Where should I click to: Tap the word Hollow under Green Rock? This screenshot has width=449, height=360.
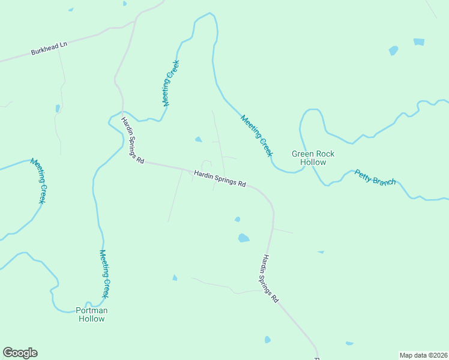click(313, 163)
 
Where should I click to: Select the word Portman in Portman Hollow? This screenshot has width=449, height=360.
click(91, 310)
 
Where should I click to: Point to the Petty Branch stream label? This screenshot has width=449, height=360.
click(375, 178)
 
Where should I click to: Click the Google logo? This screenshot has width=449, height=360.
click(20, 353)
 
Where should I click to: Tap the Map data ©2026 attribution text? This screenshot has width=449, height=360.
click(423, 355)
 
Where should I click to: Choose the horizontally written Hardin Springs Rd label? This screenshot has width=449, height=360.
click(220, 179)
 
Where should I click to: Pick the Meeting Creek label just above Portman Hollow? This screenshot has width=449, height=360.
click(104, 274)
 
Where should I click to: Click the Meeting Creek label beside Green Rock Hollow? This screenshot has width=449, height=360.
click(257, 136)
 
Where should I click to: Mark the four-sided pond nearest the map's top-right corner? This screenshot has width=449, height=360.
click(419, 42)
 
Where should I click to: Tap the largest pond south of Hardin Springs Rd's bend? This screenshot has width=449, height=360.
click(243, 238)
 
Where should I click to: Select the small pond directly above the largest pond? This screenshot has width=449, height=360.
click(238, 219)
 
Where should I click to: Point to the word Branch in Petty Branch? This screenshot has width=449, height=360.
click(384, 180)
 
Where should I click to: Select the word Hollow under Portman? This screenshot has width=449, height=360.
click(91, 319)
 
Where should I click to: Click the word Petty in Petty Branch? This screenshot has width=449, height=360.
click(363, 175)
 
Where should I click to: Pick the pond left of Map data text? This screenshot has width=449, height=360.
click(349, 343)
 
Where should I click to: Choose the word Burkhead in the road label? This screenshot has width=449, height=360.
click(44, 50)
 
